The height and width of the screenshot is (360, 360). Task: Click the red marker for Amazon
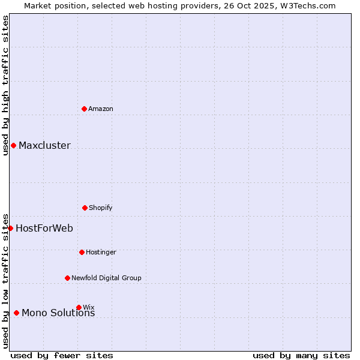(85, 109)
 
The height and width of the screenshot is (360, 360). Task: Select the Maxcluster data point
(13, 145)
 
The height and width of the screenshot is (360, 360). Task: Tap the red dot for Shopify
(85, 208)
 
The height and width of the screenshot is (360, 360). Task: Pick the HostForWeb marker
(10, 228)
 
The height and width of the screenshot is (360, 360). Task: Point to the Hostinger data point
(82, 252)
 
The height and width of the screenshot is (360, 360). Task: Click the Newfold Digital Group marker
(67, 278)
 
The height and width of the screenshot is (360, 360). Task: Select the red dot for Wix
(79, 307)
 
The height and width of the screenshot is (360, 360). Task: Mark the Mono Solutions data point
(16, 313)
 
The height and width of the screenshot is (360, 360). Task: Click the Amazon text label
(101, 109)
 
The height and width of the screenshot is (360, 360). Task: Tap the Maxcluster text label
(44, 145)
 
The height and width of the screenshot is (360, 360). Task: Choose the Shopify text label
(101, 208)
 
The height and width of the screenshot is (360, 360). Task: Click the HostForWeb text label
(44, 228)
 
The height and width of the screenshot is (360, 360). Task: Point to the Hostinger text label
(101, 252)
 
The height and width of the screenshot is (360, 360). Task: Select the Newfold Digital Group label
(106, 278)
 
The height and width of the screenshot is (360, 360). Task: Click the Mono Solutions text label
(58, 313)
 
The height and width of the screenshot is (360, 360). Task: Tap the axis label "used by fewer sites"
(62, 355)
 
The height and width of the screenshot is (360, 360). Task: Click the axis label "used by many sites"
(301, 355)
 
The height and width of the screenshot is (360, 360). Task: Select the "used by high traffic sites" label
(5, 85)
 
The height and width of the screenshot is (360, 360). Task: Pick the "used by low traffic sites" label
(5, 281)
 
